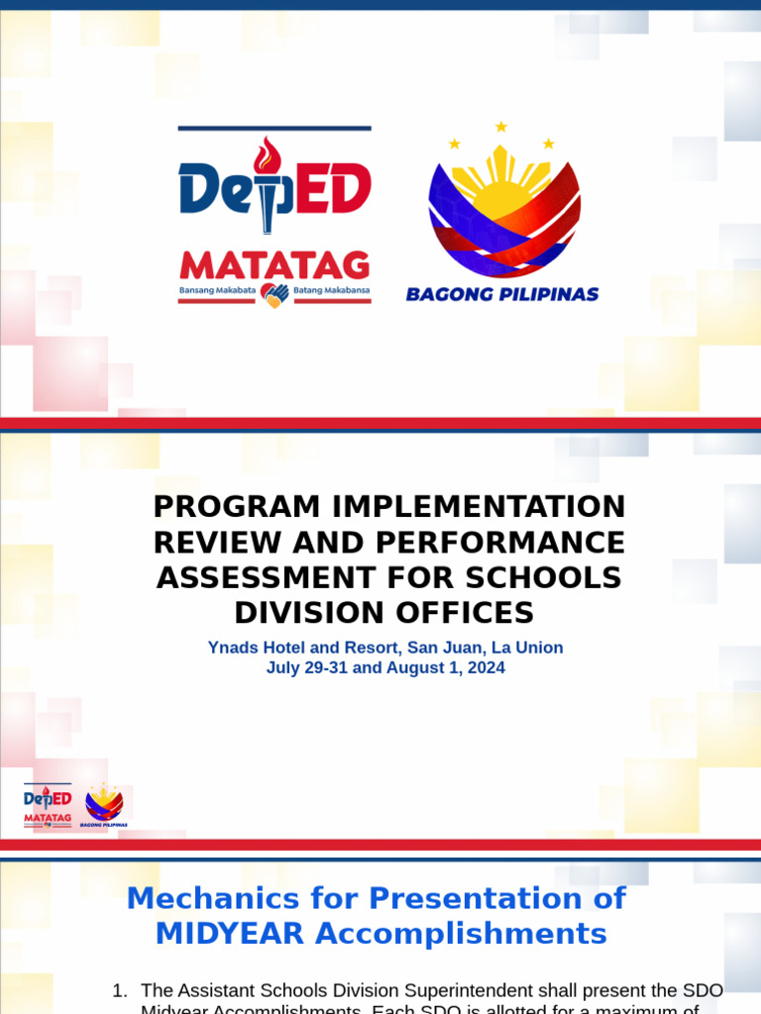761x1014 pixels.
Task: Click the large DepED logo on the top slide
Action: pos(274,188)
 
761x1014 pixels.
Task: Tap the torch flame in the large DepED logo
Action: pos(266,155)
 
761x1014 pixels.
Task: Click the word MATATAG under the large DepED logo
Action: pos(274,265)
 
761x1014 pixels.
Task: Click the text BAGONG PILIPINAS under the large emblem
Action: pos(502,294)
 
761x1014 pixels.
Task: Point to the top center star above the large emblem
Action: pos(500,127)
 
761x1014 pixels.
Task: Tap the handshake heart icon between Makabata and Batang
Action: pos(274,294)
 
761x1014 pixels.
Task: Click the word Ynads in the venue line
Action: pos(231,648)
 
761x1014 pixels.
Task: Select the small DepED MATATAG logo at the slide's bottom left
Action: pos(48,805)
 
